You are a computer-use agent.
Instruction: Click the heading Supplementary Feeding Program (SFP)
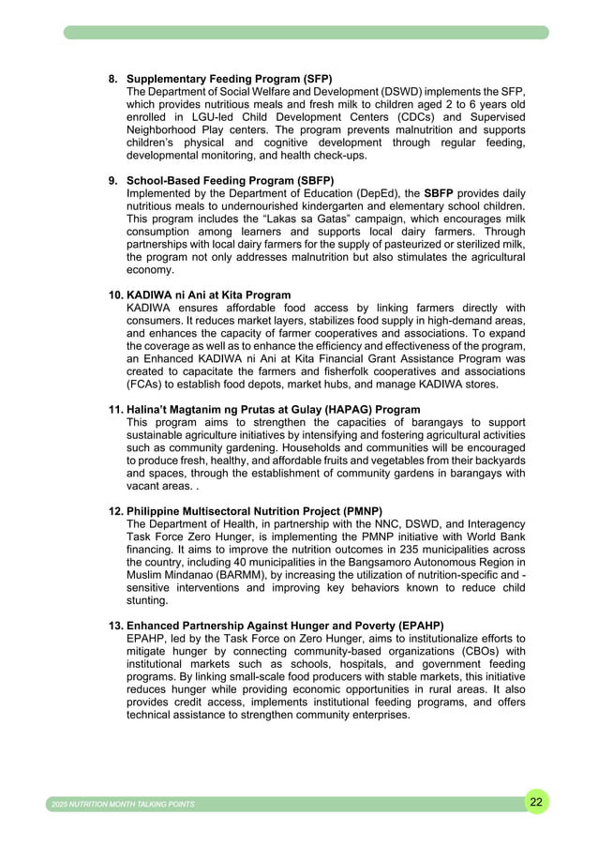pos(229,78)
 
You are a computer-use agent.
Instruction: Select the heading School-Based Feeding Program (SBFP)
pos(231,180)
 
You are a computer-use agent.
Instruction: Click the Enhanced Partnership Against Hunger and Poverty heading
pos(285,626)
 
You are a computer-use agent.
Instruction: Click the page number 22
pos(535,802)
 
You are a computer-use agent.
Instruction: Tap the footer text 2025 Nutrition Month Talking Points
pos(123,805)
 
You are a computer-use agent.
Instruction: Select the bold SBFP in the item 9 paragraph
pos(439,193)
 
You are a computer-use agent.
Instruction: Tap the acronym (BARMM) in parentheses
pos(246,575)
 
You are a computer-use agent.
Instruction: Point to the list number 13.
pos(115,626)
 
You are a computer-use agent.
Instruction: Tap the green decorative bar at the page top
pos(306,33)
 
